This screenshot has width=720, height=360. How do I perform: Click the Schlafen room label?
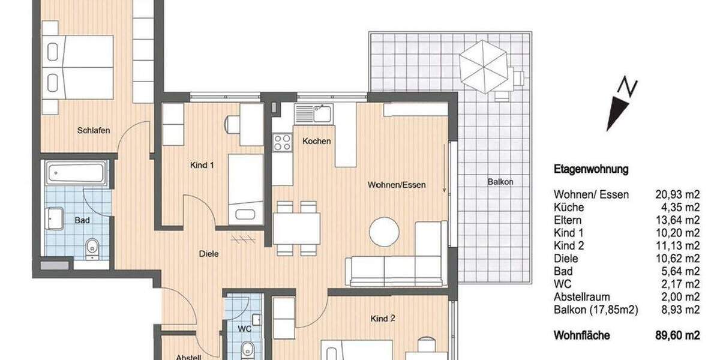pos(94,130)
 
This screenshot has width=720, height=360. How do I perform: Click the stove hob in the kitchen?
pos(282,142)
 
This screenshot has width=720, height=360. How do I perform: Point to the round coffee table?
pos(384,232)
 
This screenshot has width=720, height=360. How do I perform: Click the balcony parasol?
pos(483,66)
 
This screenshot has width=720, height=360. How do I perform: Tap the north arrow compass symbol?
pos(620,105)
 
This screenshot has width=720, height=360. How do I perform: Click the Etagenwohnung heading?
pos(591,169)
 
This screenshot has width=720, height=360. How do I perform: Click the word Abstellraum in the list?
pos(582,297)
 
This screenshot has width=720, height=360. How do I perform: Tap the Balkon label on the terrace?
pos(501,181)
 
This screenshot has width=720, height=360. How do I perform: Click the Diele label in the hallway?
pos(208,254)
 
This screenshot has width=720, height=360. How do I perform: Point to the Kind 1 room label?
pos(202,165)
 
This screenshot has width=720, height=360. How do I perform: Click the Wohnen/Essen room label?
pos(397,185)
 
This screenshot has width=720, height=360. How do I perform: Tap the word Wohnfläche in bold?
pos(582,337)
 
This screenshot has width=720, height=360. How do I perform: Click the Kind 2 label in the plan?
pos(383,319)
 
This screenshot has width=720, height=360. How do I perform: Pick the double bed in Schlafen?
pos(78,67)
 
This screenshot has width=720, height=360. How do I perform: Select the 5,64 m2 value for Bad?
pos(679,271)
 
